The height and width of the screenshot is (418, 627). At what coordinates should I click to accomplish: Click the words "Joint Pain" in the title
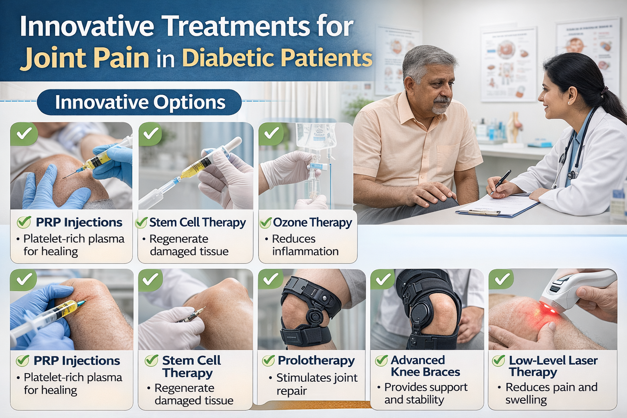click(85, 58)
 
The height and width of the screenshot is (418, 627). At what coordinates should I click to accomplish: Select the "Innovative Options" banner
click(140, 102)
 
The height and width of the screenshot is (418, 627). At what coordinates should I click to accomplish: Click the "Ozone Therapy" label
click(312, 222)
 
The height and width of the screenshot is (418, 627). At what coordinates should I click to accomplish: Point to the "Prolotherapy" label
click(316, 360)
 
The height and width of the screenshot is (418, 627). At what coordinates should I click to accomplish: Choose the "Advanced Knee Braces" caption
click(425, 366)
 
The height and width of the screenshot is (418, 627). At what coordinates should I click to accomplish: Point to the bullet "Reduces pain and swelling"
click(551, 393)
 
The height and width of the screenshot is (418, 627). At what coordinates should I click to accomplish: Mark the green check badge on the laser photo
click(501, 280)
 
